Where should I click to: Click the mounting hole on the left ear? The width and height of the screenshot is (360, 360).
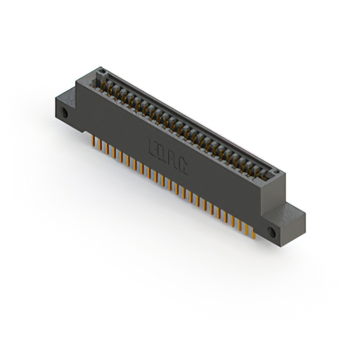click(65, 112)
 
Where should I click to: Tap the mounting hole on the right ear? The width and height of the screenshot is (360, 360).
click(272, 232)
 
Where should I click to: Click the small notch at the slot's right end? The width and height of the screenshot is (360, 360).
click(275, 170)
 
